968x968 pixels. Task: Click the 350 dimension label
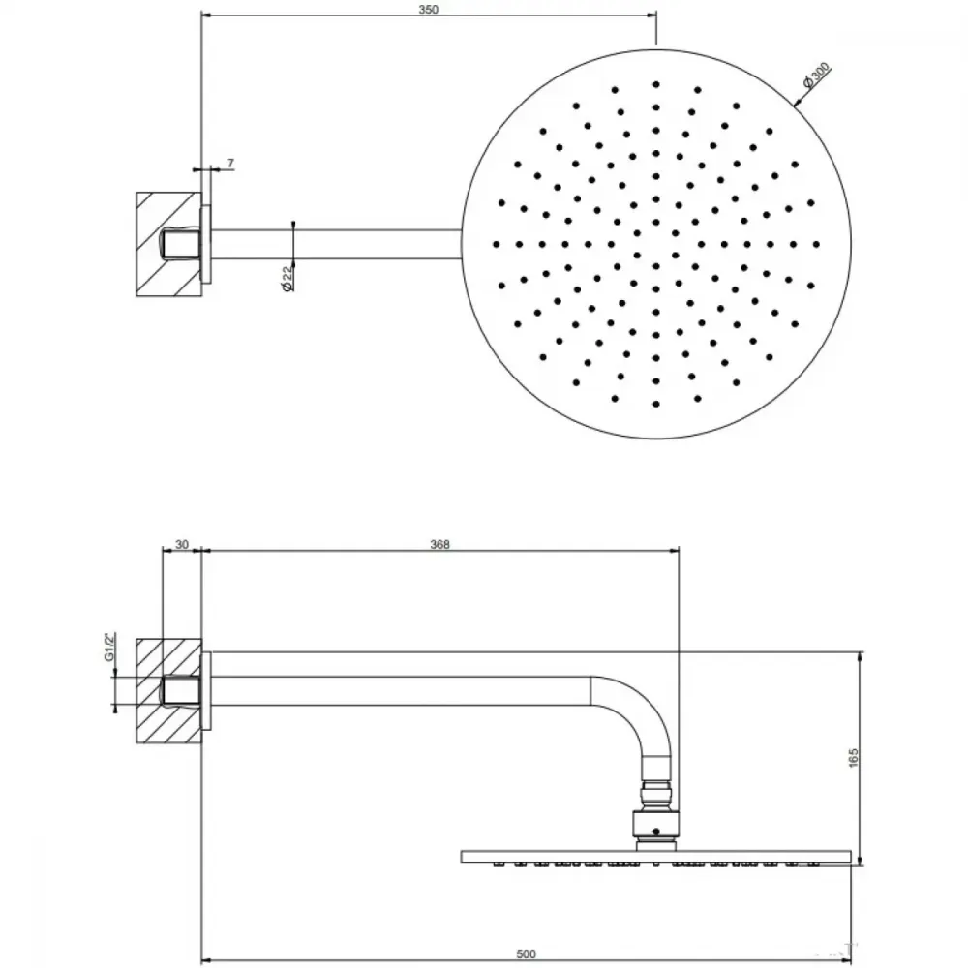coord(428,10)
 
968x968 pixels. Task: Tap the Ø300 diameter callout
coord(816,76)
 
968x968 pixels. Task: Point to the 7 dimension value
coord(231,163)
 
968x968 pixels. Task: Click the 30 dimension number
coord(182,544)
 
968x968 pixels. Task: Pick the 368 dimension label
coord(439,544)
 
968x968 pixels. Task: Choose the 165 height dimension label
coord(854,758)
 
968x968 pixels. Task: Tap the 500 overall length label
coord(526,954)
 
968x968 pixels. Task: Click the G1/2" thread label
coord(109,647)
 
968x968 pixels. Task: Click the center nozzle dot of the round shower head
coord(655,245)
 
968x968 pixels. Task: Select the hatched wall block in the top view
coord(168,245)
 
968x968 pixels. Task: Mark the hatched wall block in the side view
coord(168,691)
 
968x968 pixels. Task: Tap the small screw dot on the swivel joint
coord(656,831)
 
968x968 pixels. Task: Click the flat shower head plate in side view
coord(655,857)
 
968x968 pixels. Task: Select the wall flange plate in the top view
coord(206,245)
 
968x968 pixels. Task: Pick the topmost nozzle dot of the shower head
coord(655,84)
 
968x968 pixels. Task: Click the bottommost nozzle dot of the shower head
coord(655,405)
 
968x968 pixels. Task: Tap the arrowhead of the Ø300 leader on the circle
coord(797,103)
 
